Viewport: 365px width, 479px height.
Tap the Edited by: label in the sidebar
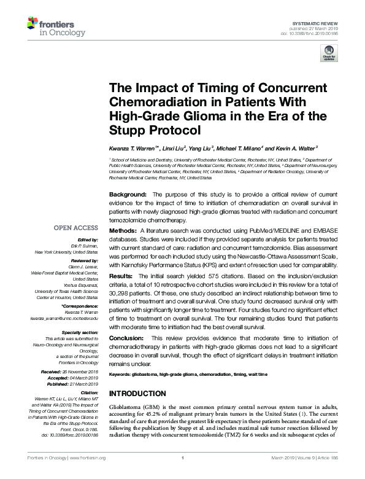click(86, 240)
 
